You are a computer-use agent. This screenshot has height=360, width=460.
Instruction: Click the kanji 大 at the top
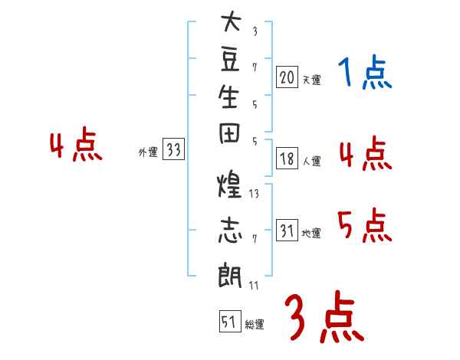point(231,21)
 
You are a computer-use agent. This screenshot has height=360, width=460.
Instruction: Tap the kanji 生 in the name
point(228,97)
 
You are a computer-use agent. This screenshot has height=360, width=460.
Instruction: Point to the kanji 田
point(229,133)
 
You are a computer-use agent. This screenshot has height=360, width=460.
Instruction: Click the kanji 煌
point(229,184)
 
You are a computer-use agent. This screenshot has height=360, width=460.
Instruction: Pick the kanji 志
point(230,230)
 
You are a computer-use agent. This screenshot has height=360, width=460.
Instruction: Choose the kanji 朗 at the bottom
point(230,275)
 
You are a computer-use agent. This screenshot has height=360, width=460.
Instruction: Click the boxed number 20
point(287,77)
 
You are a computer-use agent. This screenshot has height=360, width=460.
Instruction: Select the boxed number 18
point(287,159)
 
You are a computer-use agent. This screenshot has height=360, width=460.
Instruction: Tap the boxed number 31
point(287,230)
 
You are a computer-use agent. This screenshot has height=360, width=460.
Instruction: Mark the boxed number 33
point(173,149)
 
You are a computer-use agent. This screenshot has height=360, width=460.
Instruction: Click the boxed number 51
point(230,321)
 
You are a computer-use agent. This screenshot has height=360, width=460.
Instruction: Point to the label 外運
point(148,152)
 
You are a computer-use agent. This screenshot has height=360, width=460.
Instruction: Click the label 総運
point(255,325)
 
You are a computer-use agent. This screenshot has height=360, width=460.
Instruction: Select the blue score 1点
point(365,71)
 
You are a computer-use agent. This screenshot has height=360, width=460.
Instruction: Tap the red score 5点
point(365,225)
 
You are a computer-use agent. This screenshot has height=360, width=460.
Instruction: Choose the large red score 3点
point(324,316)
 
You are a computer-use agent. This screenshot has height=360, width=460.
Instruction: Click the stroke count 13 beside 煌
point(254,194)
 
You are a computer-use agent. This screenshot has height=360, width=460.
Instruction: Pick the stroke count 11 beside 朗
point(254,285)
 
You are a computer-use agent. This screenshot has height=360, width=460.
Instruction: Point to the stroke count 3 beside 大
point(255,31)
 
